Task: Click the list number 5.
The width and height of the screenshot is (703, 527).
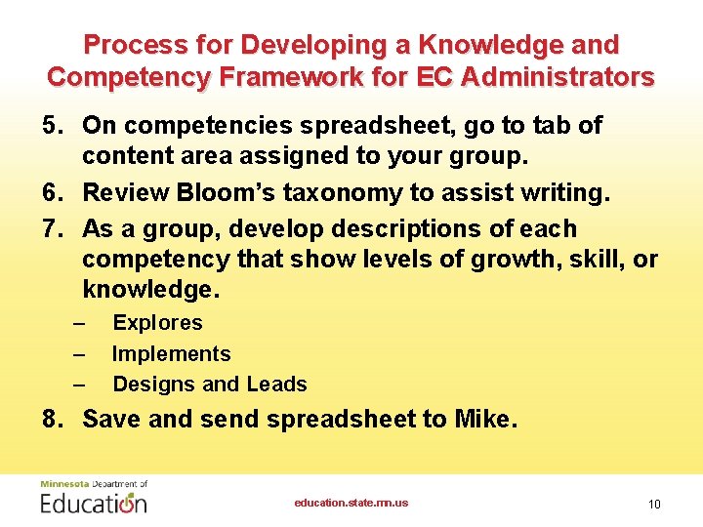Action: pos(53,126)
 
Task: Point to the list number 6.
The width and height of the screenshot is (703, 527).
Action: pos(53,193)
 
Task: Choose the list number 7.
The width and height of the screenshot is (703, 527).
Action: pos(53,229)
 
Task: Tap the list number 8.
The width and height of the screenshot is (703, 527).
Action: pos(53,420)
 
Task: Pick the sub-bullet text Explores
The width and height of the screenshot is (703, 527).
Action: pos(157,323)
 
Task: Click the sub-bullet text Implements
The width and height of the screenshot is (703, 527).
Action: pos(171,354)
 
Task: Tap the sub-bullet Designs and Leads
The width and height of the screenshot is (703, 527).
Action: pos(210,385)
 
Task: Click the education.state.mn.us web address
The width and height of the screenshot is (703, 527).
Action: pos(351,503)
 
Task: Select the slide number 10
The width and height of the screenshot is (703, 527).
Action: pos(653,504)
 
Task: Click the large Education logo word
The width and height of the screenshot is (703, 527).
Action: pos(94,503)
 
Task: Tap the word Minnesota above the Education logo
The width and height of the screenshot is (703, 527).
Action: pos(62,483)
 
